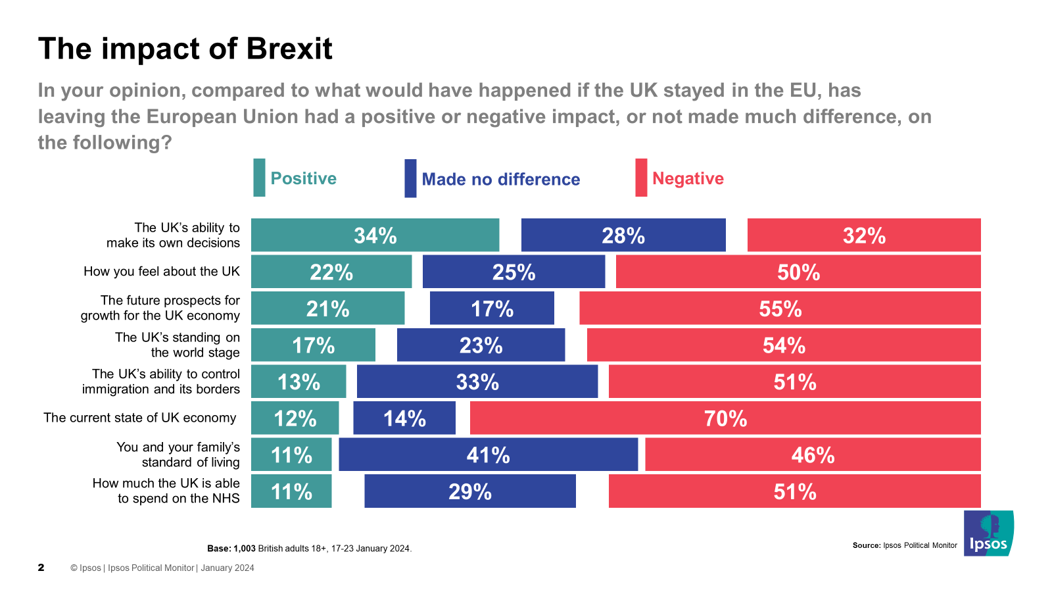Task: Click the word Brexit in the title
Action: tap(289, 49)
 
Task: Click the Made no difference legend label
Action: tap(500, 180)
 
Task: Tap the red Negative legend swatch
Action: tap(641, 178)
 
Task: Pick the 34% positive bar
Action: tap(375, 235)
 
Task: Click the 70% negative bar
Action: tap(725, 418)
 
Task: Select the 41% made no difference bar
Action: tap(488, 455)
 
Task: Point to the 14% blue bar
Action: tap(404, 418)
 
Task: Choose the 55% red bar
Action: tap(780, 308)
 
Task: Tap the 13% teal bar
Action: tap(299, 382)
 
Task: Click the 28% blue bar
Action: tap(623, 235)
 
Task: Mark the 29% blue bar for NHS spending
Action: tap(470, 491)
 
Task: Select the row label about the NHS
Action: tap(166, 491)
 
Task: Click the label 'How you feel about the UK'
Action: tap(162, 272)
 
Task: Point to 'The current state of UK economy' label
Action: tap(140, 418)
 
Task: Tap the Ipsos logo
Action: tap(988, 533)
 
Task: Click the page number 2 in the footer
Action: tap(41, 568)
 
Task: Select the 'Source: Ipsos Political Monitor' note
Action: tap(905, 545)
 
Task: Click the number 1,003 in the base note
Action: tap(245, 549)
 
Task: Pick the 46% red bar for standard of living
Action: tap(813, 455)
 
